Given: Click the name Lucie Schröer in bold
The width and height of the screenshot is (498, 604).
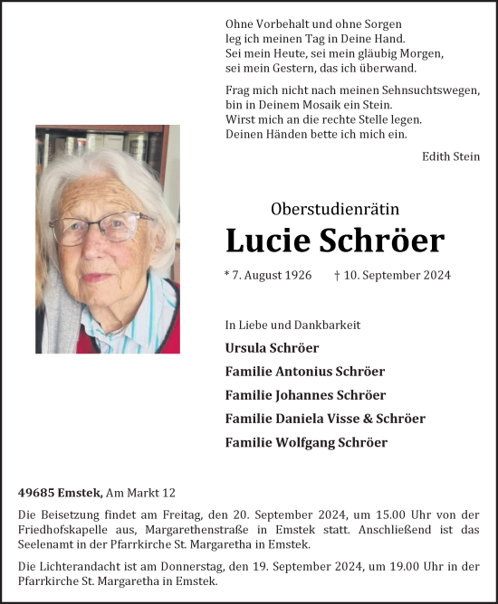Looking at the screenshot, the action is (x=334, y=241).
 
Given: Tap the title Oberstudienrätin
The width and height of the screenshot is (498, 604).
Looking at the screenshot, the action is (x=334, y=209).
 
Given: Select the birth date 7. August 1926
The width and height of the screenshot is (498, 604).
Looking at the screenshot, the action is (x=268, y=275).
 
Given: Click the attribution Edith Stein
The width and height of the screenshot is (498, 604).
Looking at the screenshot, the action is (x=451, y=156).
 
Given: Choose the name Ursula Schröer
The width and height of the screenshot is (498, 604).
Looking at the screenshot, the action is (x=272, y=347).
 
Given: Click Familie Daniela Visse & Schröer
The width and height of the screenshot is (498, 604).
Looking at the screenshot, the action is (x=325, y=419).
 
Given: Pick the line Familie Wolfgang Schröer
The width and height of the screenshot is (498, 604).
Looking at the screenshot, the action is (x=306, y=442).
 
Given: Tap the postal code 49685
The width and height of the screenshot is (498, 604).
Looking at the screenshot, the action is (x=35, y=493).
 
